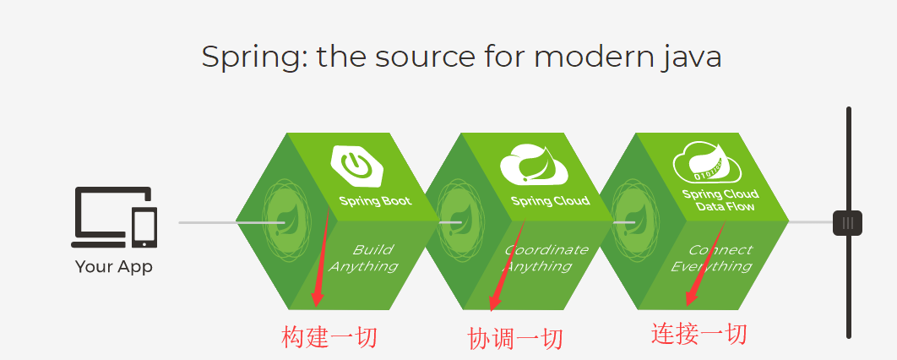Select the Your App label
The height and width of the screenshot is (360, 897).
114,267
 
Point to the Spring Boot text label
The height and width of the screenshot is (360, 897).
375,201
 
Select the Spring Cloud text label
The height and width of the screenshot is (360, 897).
550,201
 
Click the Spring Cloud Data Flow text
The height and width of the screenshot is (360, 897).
720,200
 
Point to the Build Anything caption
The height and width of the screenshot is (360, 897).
365,258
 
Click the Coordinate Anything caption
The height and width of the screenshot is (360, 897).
545,258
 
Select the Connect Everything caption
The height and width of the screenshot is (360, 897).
712,258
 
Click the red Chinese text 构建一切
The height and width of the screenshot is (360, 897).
329,337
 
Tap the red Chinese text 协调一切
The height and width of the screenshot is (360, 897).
514,338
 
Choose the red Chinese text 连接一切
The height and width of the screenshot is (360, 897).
699,333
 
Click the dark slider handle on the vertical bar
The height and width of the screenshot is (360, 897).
847,222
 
